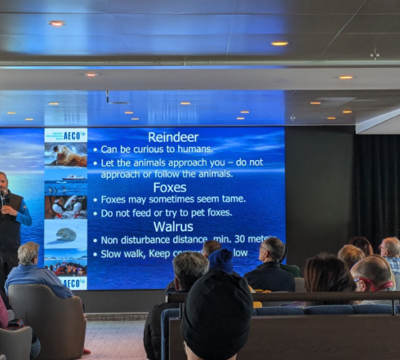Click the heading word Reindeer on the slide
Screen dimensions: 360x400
(x=173, y=137)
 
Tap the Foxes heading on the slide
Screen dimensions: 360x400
(x=169, y=187)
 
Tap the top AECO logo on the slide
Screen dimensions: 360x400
(x=65, y=135)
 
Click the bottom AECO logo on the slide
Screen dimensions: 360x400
(x=65, y=283)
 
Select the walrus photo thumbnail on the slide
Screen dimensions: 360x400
(x=65, y=155)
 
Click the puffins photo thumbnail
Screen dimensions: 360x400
(x=65, y=207)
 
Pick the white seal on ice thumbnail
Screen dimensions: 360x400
(x=65, y=234)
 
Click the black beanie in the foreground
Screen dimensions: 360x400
(x=217, y=313)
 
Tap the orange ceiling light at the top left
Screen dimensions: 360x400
(x=57, y=23)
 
